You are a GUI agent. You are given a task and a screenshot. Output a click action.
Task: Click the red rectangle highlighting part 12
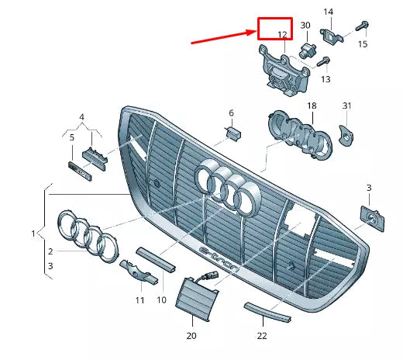275,29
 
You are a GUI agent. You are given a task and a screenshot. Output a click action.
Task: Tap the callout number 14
328,12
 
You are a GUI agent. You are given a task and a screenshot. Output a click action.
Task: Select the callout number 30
305,26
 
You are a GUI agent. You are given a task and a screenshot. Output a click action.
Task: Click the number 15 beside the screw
362,44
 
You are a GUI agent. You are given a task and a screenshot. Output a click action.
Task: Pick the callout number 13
325,79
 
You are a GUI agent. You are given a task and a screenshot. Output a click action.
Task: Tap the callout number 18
311,106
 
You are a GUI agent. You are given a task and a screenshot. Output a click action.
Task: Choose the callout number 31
346,106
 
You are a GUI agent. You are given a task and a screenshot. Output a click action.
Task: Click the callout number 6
230,113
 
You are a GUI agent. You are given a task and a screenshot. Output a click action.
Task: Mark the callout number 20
191,335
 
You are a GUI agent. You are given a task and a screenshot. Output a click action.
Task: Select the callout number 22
262,335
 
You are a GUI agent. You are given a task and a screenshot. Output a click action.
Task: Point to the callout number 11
139,299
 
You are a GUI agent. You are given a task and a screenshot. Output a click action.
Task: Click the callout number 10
162,299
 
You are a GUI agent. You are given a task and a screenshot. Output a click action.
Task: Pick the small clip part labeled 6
230,133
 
